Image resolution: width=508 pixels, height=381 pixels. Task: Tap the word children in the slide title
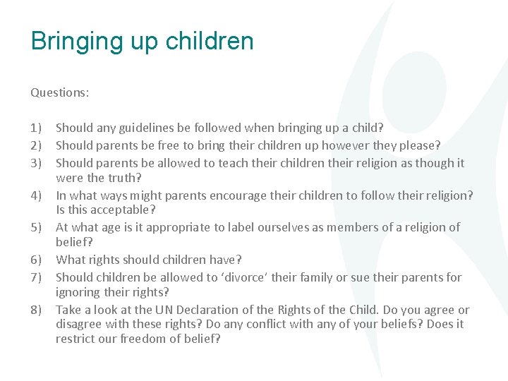[x=210, y=41]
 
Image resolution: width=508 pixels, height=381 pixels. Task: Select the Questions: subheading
[x=60, y=92]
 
